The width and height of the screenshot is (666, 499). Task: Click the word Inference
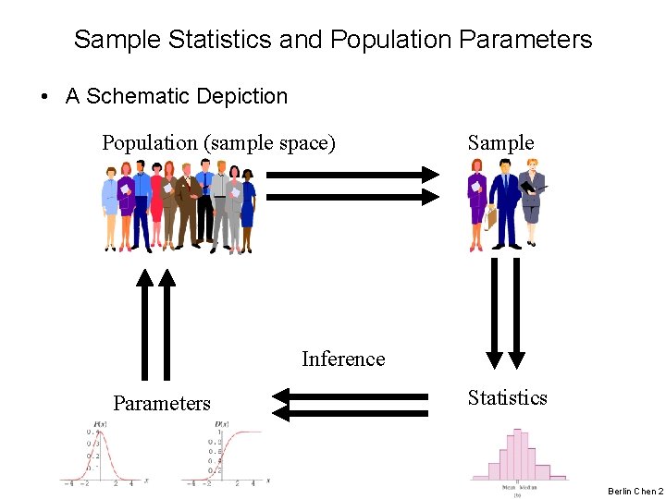tap(343, 359)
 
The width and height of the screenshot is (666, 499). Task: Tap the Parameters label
tap(162, 403)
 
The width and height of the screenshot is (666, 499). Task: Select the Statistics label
tap(507, 397)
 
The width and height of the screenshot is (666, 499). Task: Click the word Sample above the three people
tap(500, 142)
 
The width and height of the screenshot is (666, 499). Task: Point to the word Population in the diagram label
tap(150, 143)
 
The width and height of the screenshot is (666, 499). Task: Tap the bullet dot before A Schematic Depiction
tap(44, 96)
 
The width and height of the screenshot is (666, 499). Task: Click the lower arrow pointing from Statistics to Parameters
tap(351, 413)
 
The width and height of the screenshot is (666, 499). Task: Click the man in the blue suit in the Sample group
tap(505, 205)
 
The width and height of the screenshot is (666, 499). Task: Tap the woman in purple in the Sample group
tap(477, 205)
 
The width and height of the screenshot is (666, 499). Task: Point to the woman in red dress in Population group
tap(156, 205)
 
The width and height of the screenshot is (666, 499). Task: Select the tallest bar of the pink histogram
tap(517, 454)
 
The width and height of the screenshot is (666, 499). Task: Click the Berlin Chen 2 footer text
tap(635, 492)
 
